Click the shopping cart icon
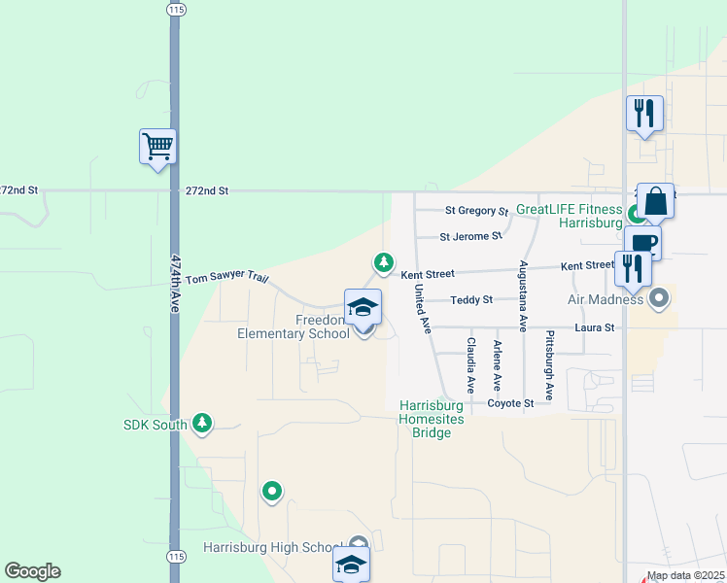pyautogui.click(x=157, y=147)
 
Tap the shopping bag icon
pyautogui.click(x=656, y=201)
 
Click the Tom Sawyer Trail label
pyautogui.click(x=225, y=278)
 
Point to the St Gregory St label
pyautogui.click(x=477, y=211)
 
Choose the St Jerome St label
pyautogui.click(x=470, y=236)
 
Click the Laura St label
pyautogui.click(x=595, y=328)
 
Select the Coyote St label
pyautogui.click(x=511, y=403)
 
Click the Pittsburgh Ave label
pyautogui.click(x=549, y=365)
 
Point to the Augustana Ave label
pyautogui.click(x=523, y=296)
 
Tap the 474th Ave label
pyautogui.click(x=176, y=283)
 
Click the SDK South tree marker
pyautogui.click(x=202, y=423)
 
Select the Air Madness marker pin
pyautogui.click(x=660, y=299)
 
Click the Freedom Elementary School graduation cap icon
pyautogui.click(x=363, y=307)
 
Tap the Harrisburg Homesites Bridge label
pyautogui.click(x=426, y=419)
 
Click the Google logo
pyautogui.click(x=32, y=571)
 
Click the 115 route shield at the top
pyautogui.click(x=175, y=9)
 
